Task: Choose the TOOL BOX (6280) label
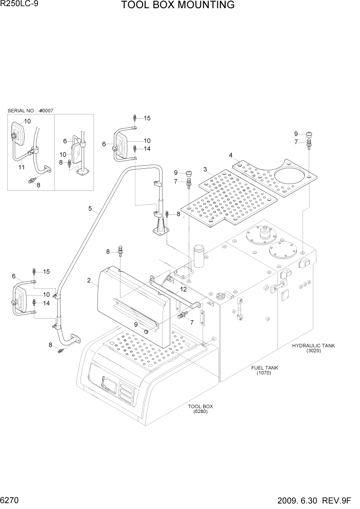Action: [x=201, y=409]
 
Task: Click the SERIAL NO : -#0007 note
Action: [x=30, y=111]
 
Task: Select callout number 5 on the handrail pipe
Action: [x=90, y=208]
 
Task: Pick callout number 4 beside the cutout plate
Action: [x=231, y=155]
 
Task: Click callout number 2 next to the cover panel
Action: [x=89, y=280]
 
